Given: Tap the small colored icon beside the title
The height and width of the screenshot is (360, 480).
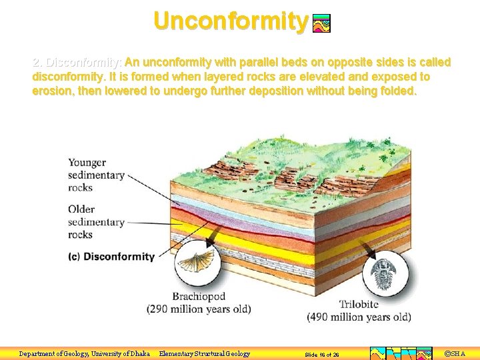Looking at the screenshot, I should coord(321,24).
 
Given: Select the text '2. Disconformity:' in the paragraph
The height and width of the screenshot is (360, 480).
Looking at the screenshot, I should coord(77,63).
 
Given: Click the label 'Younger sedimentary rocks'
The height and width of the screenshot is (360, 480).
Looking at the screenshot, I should coord(96,175).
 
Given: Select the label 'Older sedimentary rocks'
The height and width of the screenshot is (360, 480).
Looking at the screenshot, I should coord(96,221).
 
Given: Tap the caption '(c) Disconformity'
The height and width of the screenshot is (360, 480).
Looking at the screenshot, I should coord(111,257).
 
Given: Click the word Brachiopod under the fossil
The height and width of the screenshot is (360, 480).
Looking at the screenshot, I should coord(199,297).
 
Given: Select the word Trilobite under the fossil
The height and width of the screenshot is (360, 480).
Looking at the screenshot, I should coord(359,305).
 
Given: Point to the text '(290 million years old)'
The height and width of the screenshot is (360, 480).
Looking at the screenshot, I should coord(199,309).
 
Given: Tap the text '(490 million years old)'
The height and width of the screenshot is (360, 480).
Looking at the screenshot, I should coord(359,317).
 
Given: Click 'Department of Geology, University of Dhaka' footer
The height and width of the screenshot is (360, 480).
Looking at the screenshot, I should coord(85,354).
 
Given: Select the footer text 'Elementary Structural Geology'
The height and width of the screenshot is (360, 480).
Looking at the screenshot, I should coord(205,354).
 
